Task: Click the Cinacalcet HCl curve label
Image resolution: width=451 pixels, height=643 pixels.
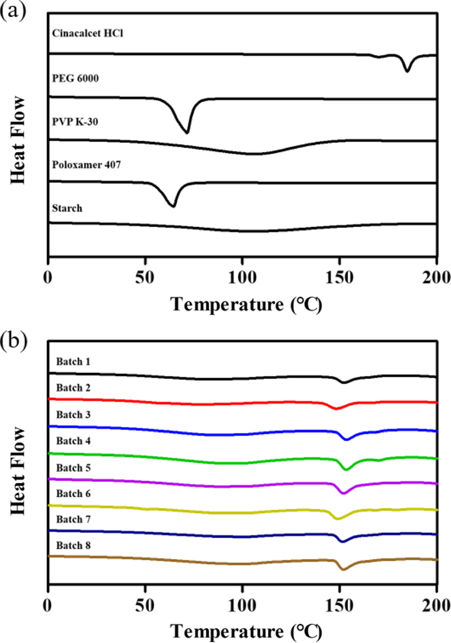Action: pos(87,33)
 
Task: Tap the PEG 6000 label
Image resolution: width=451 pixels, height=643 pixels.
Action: pos(75,78)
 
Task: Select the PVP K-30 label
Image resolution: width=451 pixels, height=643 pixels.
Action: pos(75,121)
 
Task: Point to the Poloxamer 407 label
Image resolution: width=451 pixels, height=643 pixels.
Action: pos(86,165)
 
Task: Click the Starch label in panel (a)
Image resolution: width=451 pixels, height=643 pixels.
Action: pos(67,208)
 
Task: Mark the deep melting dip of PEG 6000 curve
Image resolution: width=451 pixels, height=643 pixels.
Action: pos(187,132)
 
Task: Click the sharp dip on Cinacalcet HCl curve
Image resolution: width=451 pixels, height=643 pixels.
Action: pos(407,71)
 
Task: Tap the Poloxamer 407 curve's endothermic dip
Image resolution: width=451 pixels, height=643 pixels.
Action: pos(173,206)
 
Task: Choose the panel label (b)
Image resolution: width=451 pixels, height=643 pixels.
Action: pos(13,341)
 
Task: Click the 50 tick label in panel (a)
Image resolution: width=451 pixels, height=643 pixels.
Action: pos(145,278)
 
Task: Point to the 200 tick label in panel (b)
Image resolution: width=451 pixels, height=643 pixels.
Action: pos(436,605)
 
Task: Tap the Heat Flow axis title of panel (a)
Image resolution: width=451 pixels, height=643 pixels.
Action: pos(18,140)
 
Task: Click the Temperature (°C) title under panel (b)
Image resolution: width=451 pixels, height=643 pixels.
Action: pos(246,631)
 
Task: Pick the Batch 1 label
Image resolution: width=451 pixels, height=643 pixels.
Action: pos(73,362)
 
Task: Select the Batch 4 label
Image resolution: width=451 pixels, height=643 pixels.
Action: pos(73,441)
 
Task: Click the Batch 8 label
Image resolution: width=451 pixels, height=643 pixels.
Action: pos(73,545)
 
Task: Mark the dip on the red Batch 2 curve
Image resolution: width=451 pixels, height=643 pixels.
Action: pos(336,409)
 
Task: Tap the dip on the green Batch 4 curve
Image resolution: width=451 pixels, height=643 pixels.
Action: pos(346,469)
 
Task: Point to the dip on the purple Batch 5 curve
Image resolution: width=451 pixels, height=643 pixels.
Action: pos(344,493)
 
